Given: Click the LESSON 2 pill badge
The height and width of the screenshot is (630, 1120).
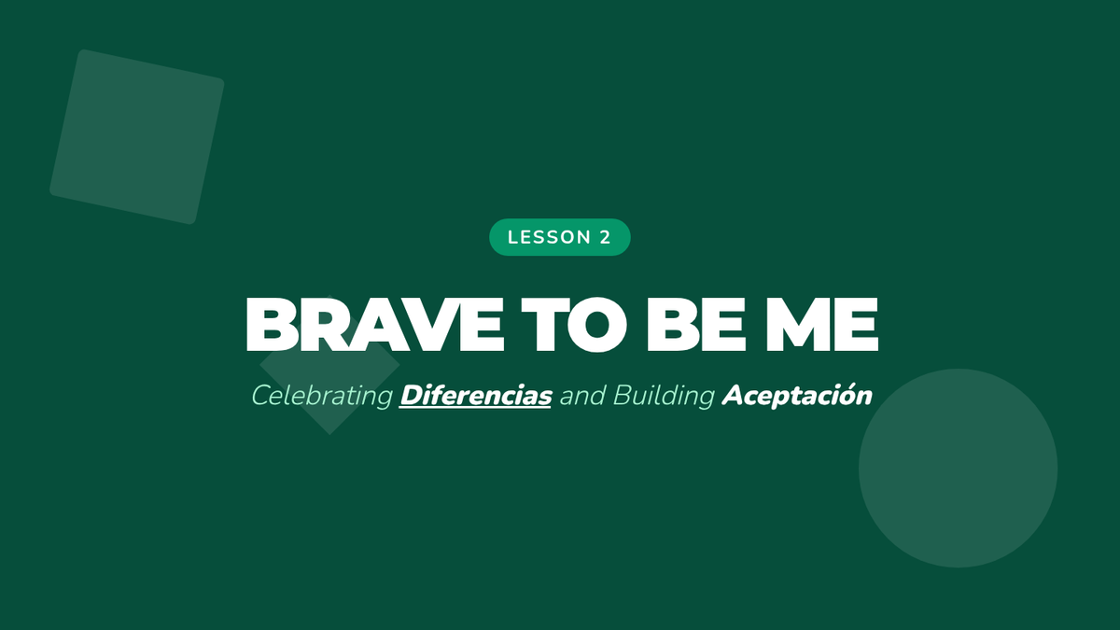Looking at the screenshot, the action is [x=559, y=237].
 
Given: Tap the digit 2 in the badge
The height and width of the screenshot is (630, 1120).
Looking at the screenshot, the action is [x=605, y=237].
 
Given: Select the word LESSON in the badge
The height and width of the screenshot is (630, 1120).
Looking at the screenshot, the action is [x=550, y=237].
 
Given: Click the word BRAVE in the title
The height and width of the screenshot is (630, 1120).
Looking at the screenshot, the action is [x=374, y=325].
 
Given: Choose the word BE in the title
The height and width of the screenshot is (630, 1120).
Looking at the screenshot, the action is [x=696, y=325].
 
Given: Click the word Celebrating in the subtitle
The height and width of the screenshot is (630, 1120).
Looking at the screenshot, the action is [x=322, y=396].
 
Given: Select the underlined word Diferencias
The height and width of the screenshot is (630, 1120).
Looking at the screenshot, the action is [x=475, y=396].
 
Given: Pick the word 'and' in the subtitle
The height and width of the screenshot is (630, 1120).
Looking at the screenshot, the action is [x=582, y=396].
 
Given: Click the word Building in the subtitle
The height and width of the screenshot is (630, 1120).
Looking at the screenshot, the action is [x=664, y=396].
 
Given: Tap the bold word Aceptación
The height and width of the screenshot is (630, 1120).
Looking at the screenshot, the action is [x=797, y=396].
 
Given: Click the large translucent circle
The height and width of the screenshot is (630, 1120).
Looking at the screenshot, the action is [x=958, y=468].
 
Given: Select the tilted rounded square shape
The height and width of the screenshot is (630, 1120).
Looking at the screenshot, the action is [x=137, y=136].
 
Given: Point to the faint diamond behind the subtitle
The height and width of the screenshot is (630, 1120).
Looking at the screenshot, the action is [x=329, y=365].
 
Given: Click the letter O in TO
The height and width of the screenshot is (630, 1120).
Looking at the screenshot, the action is [x=597, y=325].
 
